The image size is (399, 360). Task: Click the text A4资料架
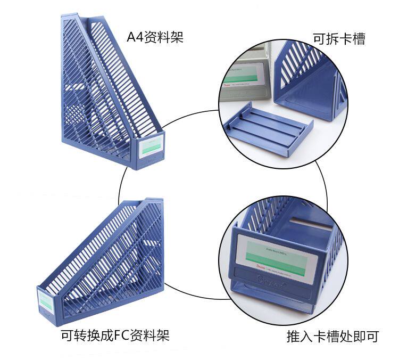155,38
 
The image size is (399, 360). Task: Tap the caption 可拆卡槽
339,39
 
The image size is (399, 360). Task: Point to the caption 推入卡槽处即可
332,337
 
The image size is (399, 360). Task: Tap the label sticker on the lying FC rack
46,302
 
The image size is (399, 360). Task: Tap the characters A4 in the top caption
132,38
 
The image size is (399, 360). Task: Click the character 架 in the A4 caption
177,38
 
